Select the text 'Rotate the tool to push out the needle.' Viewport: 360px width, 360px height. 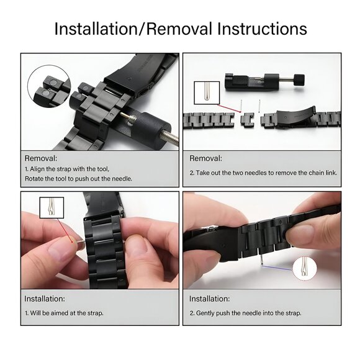coord(78,179)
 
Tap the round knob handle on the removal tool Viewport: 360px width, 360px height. coord(299,79)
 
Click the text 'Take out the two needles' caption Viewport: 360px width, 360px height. coord(263,173)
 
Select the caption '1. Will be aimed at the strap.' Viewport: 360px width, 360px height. coord(64,313)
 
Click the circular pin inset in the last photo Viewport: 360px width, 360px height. coord(302,268)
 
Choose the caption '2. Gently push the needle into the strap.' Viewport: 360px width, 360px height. coord(245,313)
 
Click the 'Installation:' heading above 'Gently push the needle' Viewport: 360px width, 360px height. coord(209,299)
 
